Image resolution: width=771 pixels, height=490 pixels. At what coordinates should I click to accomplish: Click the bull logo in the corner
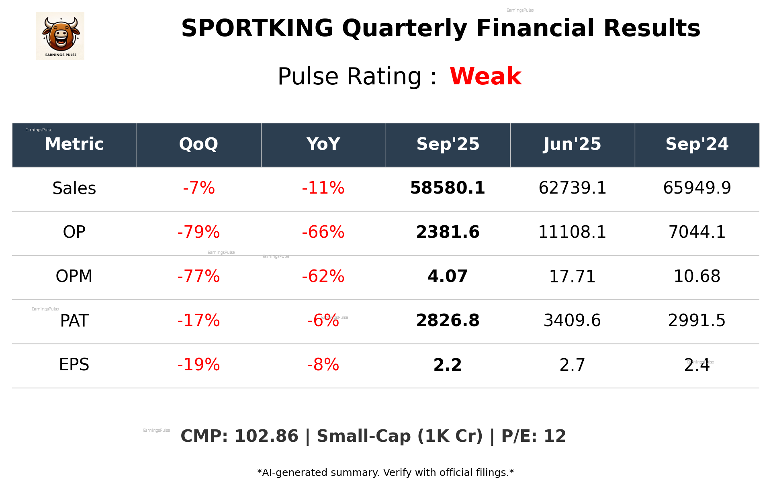pyautogui.click(x=60, y=36)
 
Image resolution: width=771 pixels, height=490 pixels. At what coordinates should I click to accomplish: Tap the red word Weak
pyautogui.click(x=485, y=76)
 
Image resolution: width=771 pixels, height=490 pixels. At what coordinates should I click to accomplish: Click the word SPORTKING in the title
pyautogui.click(x=257, y=28)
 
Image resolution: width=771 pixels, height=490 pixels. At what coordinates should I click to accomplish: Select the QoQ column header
pyautogui.click(x=198, y=144)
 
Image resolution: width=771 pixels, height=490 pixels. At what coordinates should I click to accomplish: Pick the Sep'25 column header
pyautogui.click(x=448, y=144)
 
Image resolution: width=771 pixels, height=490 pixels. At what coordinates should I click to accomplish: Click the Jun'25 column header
pyautogui.click(x=572, y=144)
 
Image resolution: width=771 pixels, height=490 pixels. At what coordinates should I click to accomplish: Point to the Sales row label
pyautogui.click(x=74, y=188)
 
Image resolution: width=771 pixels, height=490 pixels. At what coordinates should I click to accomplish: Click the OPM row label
pyautogui.click(x=74, y=276)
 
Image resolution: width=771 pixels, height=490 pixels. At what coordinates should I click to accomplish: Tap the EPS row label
pyautogui.click(x=74, y=365)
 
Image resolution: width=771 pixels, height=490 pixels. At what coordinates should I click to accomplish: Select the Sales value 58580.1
pyautogui.click(x=448, y=188)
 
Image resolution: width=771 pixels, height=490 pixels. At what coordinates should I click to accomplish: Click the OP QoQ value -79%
pyautogui.click(x=198, y=232)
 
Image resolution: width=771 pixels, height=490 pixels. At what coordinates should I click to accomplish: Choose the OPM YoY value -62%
pyautogui.click(x=323, y=276)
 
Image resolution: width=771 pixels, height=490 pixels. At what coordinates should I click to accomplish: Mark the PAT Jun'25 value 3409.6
pyautogui.click(x=572, y=321)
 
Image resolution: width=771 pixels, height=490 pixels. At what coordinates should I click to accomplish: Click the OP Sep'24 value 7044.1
pyautogui.click(x=697, y=232)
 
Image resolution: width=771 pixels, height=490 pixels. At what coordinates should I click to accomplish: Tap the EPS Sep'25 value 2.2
pyautogui.click(x=448, y=365)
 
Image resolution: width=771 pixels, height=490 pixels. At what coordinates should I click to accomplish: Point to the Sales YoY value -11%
pyautogui.click(x=323, y=188)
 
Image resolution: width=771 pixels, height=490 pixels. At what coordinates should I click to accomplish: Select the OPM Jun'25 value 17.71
pyautogui.click(x=572, y=276)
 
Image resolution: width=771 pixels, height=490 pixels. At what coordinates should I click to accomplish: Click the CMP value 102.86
pyautogui.click(x=266, y=436)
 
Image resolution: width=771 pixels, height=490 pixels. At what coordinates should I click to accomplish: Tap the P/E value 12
pyautogui.click(x=555, y=436)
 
